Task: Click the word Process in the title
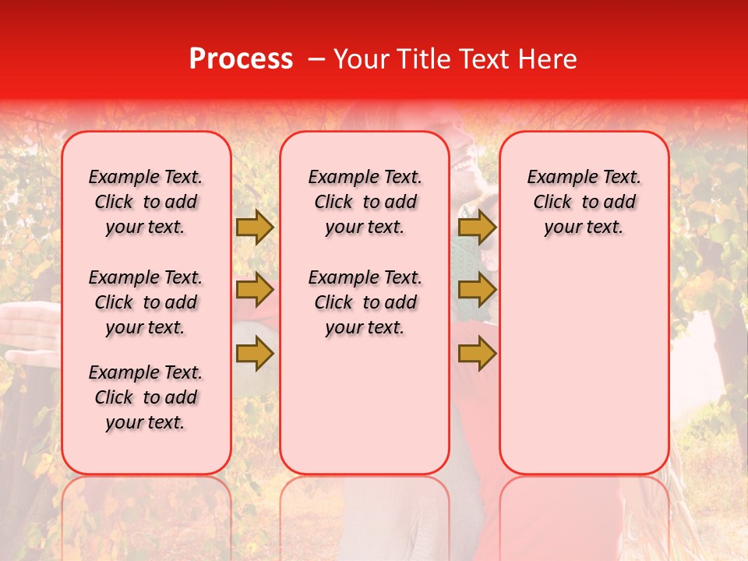pyautogui.click(x=241, y=59)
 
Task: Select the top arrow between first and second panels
pyautogui.click(x=255, y=227)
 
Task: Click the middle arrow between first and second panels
pyautogui.click(x=255, y=291)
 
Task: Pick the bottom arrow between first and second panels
pyautogui.click(x=255, y=355)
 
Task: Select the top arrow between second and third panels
pyautogui.click(x=477, y=227)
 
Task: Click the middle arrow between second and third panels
pyautogui.click(x=477, y=291)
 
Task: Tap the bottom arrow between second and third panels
pyautogui.click(x=477, y=355)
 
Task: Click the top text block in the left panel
pyautogui.click(x=146, y=202)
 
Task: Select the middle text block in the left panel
pyautogui.click(x=146, y=302)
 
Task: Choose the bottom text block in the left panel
pyautogui.click(x=146, y=397)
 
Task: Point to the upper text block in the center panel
pyautogui.click(x=365, y=202)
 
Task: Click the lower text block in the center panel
pyautogui.click(x=365, y=302)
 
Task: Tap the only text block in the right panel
pyautogui.click(x=584, y=202)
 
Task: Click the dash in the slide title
pyautogui.click(x=316, y=59)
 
